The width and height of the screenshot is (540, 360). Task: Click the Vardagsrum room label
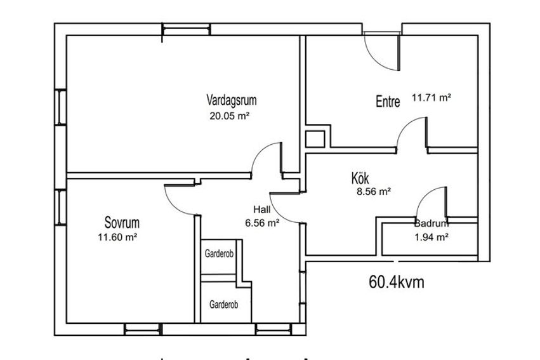(232, 100)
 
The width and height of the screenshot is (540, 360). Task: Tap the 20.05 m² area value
(229, 116)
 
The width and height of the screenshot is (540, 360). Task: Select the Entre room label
(388, 102)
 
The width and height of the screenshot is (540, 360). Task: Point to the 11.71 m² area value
(431, 98)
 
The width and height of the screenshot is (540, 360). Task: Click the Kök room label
(360, 178)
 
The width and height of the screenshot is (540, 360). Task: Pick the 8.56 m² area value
(374, 192)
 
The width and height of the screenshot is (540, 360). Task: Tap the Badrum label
(431, 223)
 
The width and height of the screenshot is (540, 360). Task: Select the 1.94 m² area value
(431, 237)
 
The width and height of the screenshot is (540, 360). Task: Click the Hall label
(262, 210)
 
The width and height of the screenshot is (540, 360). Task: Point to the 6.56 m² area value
(262, 223)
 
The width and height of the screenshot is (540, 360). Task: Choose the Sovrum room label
(122, 223)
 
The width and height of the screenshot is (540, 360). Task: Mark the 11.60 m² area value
(118, 237)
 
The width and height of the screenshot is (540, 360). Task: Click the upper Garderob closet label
(219, 254)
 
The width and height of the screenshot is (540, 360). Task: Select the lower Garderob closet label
(224, 305)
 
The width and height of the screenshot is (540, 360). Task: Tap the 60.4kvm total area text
(397, 282)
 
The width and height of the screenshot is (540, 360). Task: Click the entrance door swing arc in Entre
(375, 60)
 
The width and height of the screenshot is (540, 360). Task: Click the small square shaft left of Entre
(315, 140)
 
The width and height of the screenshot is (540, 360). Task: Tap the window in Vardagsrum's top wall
(186, 30)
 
